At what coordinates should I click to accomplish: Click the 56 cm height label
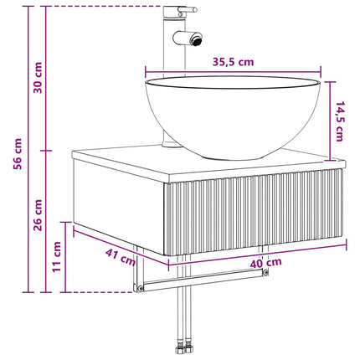click(18, 154)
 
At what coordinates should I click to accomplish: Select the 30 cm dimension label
click(38, 78)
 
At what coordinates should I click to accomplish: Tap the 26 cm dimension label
click(38, 215)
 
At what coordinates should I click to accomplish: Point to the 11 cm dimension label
click(57, 257)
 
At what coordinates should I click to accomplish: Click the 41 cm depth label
click(121, 257)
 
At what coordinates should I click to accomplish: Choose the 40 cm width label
click(265, 263)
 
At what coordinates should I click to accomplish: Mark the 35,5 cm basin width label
click(234, 62)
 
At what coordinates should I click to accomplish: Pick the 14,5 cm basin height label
click(340, 121)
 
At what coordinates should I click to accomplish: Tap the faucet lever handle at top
click(188, 10)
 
